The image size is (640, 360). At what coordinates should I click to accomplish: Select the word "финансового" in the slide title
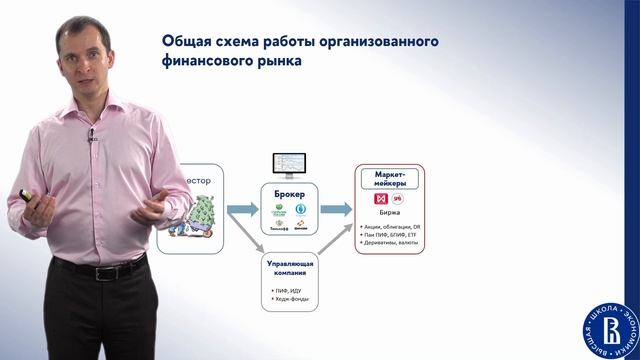coord(212,61)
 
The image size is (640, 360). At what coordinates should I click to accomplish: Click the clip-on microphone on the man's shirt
coord(91,133)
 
